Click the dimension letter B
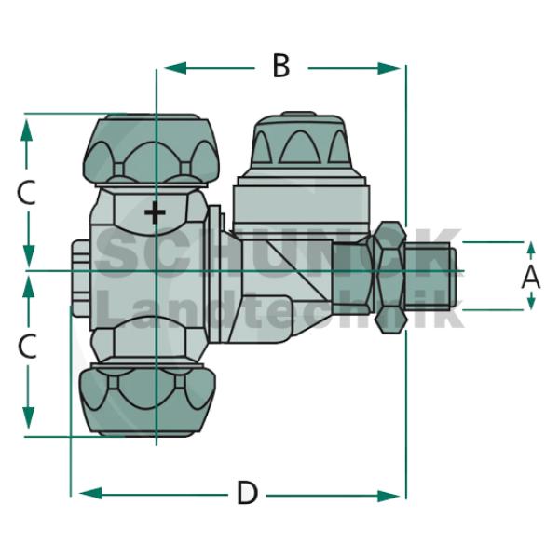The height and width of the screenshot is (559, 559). [281, 67]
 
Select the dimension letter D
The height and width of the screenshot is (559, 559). [246, 493]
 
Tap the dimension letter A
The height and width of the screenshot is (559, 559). [530, 276]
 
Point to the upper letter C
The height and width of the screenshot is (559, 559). [27, 193]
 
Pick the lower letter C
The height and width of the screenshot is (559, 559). [27, 347]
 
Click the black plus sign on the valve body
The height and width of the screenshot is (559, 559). [155, 213]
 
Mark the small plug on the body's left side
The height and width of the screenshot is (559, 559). [80, 275]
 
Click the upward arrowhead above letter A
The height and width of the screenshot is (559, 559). [531, 249]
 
